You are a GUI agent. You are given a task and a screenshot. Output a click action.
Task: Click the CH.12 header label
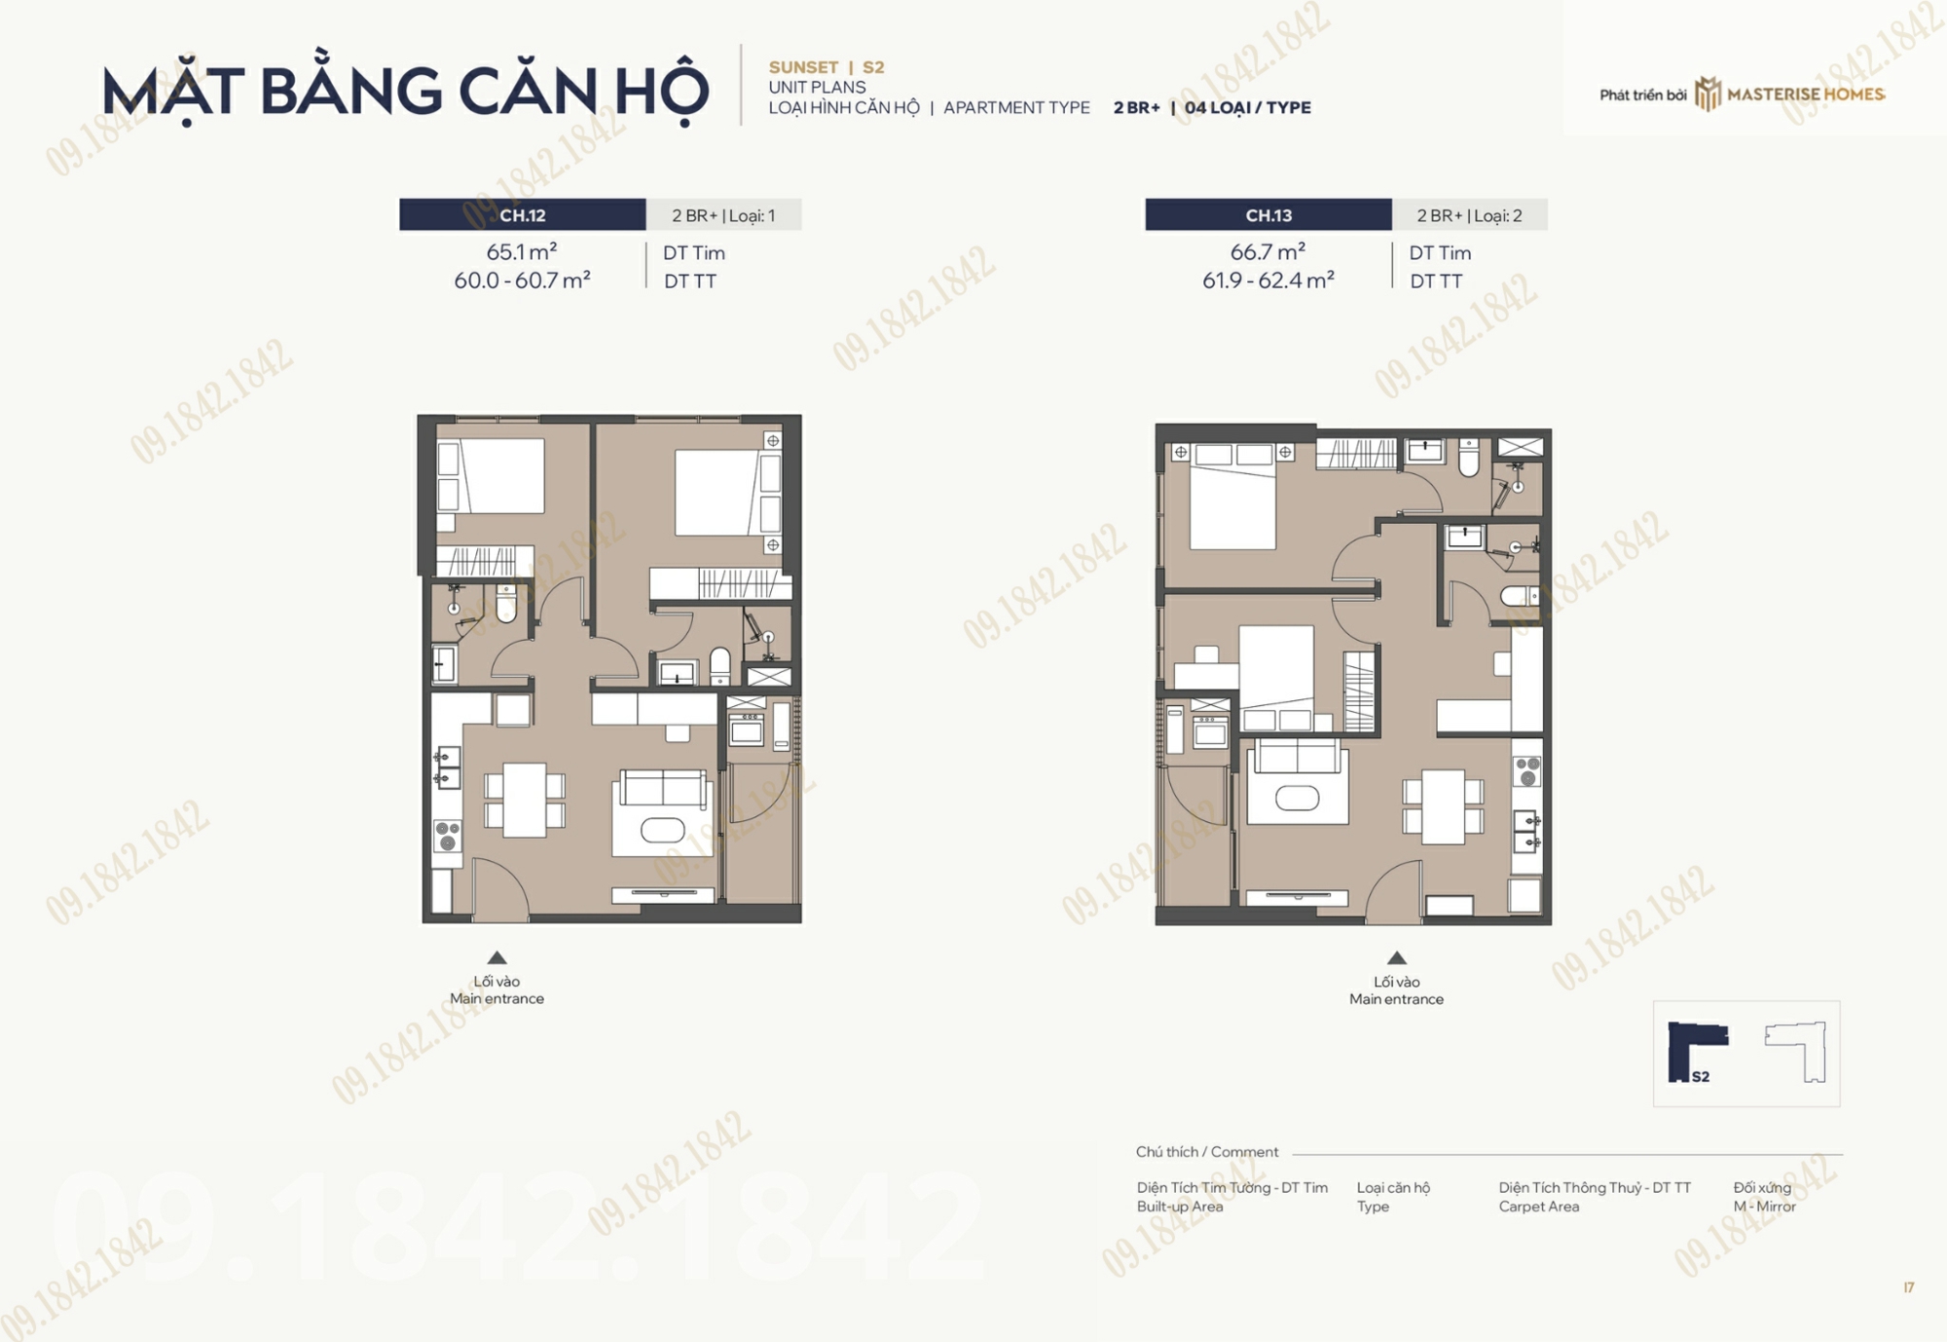[x=523, y=215]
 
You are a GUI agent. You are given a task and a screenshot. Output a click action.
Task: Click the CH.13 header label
[x=1268, y=215]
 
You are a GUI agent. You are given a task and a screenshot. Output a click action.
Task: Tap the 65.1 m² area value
[x=522, y=251]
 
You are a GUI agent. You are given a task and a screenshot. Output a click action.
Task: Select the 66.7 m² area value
[x=1267, y=251]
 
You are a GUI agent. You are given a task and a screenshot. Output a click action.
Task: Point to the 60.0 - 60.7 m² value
[x=522, y=280]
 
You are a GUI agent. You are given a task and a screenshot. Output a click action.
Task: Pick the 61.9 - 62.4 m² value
[x=1267, y=280]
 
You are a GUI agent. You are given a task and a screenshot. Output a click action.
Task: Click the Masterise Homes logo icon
[x=1708, y=94]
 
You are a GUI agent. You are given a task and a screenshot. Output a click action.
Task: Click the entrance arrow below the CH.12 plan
[x=496, y=957]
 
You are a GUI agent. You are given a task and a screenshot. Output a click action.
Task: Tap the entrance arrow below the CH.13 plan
[x=1396, y=957]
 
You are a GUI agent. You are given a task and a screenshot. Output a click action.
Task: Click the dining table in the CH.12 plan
[x=525, y=801]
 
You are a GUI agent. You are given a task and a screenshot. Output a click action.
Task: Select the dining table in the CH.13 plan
[x=1443, y=806]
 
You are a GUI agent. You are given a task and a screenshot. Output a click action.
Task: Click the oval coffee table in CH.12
[x=663, y=831]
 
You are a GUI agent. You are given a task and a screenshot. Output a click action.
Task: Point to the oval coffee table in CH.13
[x=1298, y=798]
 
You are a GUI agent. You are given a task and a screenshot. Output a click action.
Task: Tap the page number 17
[x=1909, y=1287]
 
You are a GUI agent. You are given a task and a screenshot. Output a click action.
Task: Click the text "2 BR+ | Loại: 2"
[x=1469, y=215]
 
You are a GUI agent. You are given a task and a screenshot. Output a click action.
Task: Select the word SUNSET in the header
[x=803, y=67]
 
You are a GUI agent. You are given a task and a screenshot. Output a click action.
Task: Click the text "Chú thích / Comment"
[x=1207, y=1152]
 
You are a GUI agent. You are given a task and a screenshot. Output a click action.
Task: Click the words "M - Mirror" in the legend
[x=1764, y=1207]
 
